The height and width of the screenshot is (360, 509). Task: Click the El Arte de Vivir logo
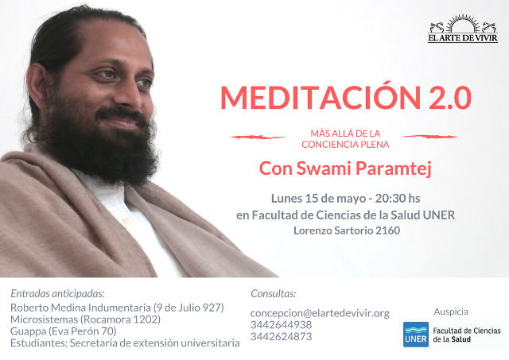[x=463, y=29]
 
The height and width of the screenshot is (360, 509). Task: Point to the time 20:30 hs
[x=398, y=198]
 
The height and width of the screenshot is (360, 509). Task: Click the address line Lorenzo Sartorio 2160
[x=347, y=230]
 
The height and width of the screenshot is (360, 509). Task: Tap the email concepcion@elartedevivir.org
[x=320, y=313]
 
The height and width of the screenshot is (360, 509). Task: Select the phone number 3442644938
[x=281, y=325]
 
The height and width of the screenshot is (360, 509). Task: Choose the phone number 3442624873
[x=281, y=336]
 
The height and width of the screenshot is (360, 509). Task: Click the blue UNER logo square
[x=416, y=335]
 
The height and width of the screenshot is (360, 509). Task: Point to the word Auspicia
[x=451, y=312]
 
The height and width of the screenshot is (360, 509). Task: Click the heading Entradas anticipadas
[x=58, y=294]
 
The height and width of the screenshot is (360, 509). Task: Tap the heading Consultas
[x=274, y=293]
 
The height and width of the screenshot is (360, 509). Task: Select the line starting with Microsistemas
[x=85, y=319]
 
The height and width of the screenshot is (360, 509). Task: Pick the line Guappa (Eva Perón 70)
[x=64, y=331]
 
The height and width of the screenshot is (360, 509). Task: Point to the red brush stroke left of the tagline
[x=258, y=137]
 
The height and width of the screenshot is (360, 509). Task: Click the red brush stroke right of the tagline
[x=430, y=137]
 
